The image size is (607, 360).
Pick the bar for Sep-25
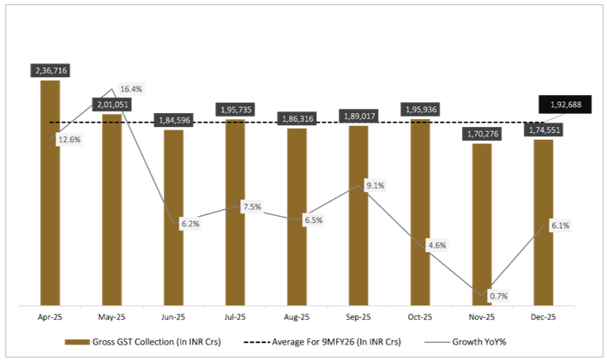[359, 214]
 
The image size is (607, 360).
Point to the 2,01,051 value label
[112, 104]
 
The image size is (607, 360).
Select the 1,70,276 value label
[483, 133]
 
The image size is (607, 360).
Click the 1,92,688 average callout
[565, 105]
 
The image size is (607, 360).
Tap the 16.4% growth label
[131, 88]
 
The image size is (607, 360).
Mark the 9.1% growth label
[375, 185]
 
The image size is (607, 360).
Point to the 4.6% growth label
[436, 246]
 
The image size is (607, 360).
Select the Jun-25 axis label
[174, 316]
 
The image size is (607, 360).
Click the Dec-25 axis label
[544, 316]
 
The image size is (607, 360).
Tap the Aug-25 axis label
[297, 316]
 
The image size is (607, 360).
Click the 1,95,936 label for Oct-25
[421, 110]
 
